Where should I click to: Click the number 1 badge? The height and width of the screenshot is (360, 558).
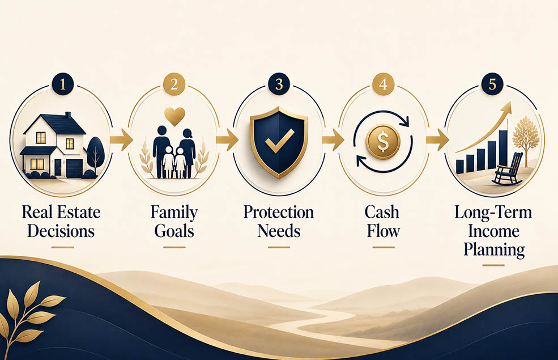[63, 84]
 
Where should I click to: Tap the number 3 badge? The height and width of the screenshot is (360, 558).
[279, 84]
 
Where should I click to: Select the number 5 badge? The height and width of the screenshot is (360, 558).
[492, 84]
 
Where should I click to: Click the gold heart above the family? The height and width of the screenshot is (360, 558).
[174, 116]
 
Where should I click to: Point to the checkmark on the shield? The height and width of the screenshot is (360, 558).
[280, 141]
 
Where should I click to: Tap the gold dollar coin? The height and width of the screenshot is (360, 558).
[384, 142]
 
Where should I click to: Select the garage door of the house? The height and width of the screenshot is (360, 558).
[74, 168]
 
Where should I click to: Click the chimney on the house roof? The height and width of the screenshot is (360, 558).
[67, 116]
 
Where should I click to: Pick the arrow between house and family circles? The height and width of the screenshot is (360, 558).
[121, 139]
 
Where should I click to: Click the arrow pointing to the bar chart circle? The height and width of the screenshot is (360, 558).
[437, 139]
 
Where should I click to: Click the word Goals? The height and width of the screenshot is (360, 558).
[174, 231]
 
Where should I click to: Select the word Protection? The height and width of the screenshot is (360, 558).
[279, 212]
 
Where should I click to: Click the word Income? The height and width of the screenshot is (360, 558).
[493, 231]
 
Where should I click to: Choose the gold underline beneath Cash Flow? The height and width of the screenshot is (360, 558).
[384, 247]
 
